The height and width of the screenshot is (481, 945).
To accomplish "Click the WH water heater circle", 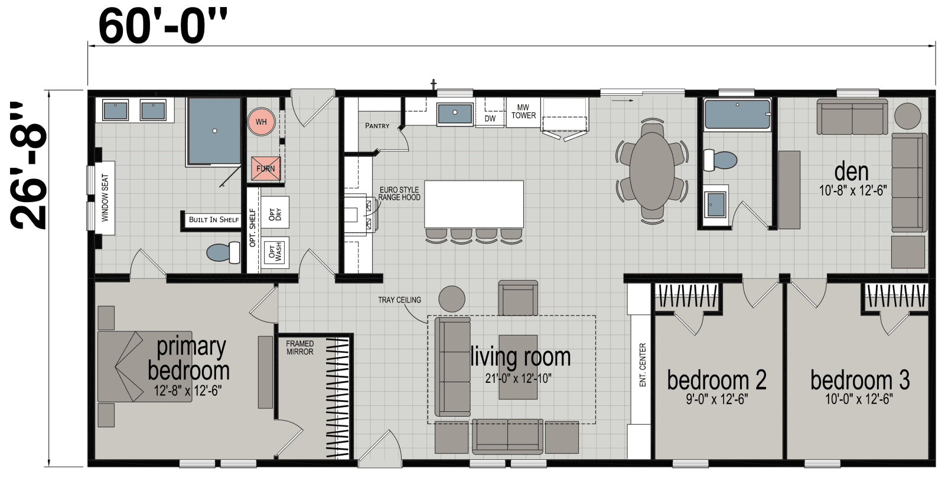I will coord(261,122).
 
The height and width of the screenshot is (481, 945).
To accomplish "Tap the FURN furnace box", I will coord(266,168).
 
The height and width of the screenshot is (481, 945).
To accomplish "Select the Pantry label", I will coord(377,126).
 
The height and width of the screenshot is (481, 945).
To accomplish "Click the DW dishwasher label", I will coord(490,118).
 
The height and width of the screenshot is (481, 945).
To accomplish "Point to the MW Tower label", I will coord(523,112).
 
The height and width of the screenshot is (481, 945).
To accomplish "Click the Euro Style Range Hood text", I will coord(399,194).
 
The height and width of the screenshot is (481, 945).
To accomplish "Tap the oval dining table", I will coord(651,171).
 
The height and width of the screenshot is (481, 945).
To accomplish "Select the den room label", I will coord(851,172).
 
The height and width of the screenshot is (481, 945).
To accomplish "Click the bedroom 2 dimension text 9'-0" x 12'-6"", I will coord(716,399).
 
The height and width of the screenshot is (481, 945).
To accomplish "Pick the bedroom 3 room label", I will coord(859,380).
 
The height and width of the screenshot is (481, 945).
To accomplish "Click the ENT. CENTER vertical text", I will coord(643,365).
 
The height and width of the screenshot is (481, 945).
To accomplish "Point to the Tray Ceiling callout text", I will coord(399,300).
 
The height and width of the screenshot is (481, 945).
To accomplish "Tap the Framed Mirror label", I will coord(300,347).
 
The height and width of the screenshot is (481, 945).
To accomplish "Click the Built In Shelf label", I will coord(213,220).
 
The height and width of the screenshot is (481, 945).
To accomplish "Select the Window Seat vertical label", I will coord(105,198).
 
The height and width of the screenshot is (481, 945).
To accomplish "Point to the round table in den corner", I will coord(907,116).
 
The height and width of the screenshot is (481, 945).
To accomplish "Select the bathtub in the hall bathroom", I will coord(737,115).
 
